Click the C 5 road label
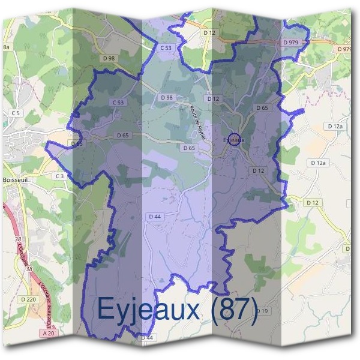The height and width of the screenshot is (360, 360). click(14, 113)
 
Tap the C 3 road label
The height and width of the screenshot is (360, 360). click(59, 176)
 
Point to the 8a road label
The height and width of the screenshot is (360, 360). click(7, 47)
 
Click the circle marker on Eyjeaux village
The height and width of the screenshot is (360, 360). click(235, 139)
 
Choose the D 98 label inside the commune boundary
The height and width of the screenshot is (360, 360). click(166, 97)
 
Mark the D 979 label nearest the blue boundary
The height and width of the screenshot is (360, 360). click(290, 43)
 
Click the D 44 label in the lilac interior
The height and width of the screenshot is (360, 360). click(154, 216)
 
